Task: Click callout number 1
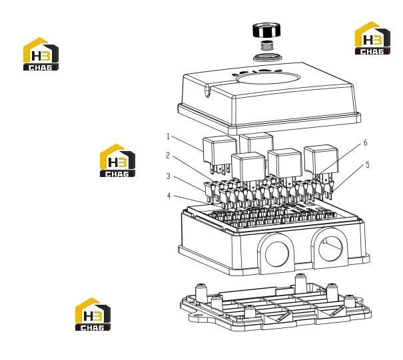click(168, 136)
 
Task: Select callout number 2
click(168, 155)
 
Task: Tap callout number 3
click(168, 176)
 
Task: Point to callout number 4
click(169, 196)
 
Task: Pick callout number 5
click(367, 164)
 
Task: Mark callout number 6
click(365, 143)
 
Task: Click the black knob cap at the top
click(266, 30)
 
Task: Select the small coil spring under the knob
click(267, 46)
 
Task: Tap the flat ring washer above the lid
click(267, 57)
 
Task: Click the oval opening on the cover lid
click(268, 78)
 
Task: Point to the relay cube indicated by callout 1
click(219, 150)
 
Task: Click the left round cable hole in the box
click(277, 254)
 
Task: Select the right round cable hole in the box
click(330, 249)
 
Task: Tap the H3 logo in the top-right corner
click(372, 38)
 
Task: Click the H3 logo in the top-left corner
click(41, 54)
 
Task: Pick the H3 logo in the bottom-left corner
click(93, 314)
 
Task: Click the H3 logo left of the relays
click(117, 160)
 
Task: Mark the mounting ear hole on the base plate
click(197, 315)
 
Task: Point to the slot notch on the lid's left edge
click(208, 92)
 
